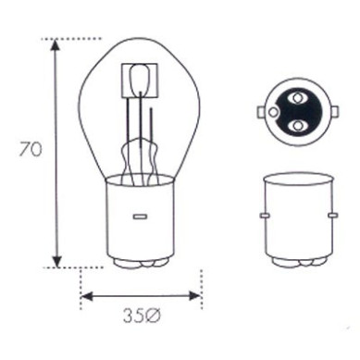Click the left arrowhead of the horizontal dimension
pos(86,298)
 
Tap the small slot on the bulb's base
pos(141,217)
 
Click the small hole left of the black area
pos(274,111)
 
